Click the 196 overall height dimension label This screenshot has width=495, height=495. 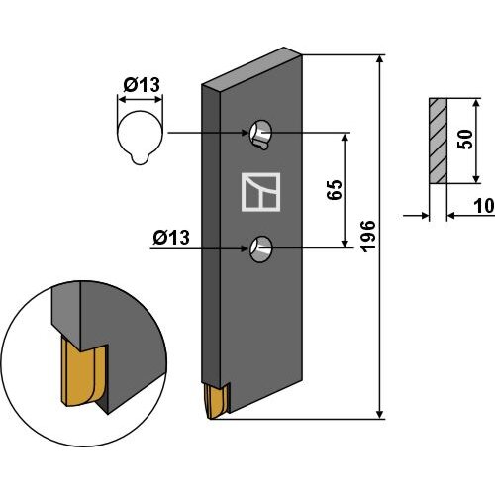pyautogui.click(x=368, y=237)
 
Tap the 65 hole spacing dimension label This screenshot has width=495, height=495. pyautogui.click(x=335, y=190)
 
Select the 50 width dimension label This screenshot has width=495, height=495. pyautogui.click(x=465, y=140)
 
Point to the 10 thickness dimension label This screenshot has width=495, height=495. pyautogui.click(x=484, y=206)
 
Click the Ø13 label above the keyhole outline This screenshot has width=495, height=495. pyautogui.click(x=142, y=85)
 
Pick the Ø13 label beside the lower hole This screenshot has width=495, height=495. pyautogui.click(x=171, y=238)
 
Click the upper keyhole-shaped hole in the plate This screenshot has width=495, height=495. pyautogui.click(x=260, y=135)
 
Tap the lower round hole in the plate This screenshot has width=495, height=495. pyautogui.click(x=261, y=249)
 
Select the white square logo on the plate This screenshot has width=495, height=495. pyautogui.click(x=261, y=192)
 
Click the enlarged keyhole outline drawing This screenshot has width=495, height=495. pyautogui.click(x=140, y=138)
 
